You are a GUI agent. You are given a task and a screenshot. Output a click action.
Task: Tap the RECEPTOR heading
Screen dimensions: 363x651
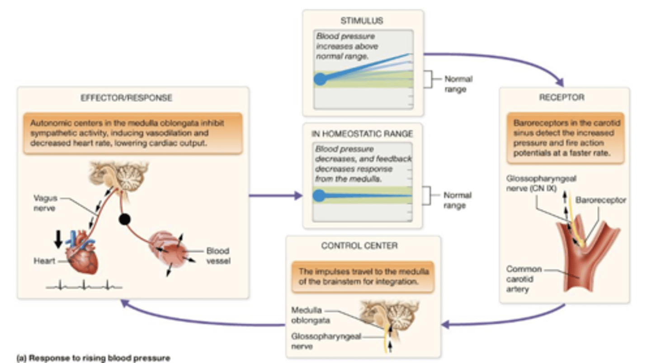pos(561,97)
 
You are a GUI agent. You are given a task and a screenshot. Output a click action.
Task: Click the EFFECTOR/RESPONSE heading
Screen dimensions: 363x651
pos(132,98)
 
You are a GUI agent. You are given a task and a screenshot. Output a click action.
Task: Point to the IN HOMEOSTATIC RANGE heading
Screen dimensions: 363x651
pos(362,134)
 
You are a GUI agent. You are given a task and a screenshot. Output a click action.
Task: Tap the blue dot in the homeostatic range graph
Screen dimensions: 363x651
pos(319,196)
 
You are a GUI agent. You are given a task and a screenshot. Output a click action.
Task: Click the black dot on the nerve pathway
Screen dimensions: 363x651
pos(124,219)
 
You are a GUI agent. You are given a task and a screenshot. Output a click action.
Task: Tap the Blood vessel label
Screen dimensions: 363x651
pos(218,256)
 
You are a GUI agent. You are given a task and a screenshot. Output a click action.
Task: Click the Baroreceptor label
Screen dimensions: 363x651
pos(600,200)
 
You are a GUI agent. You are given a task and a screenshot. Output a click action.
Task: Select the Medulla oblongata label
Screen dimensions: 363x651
pos(306,316)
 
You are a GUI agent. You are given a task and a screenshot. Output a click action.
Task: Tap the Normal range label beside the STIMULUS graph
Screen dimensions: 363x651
pos(458,84)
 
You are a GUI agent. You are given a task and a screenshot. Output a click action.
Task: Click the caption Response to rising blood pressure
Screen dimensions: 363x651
pos(93,358)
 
